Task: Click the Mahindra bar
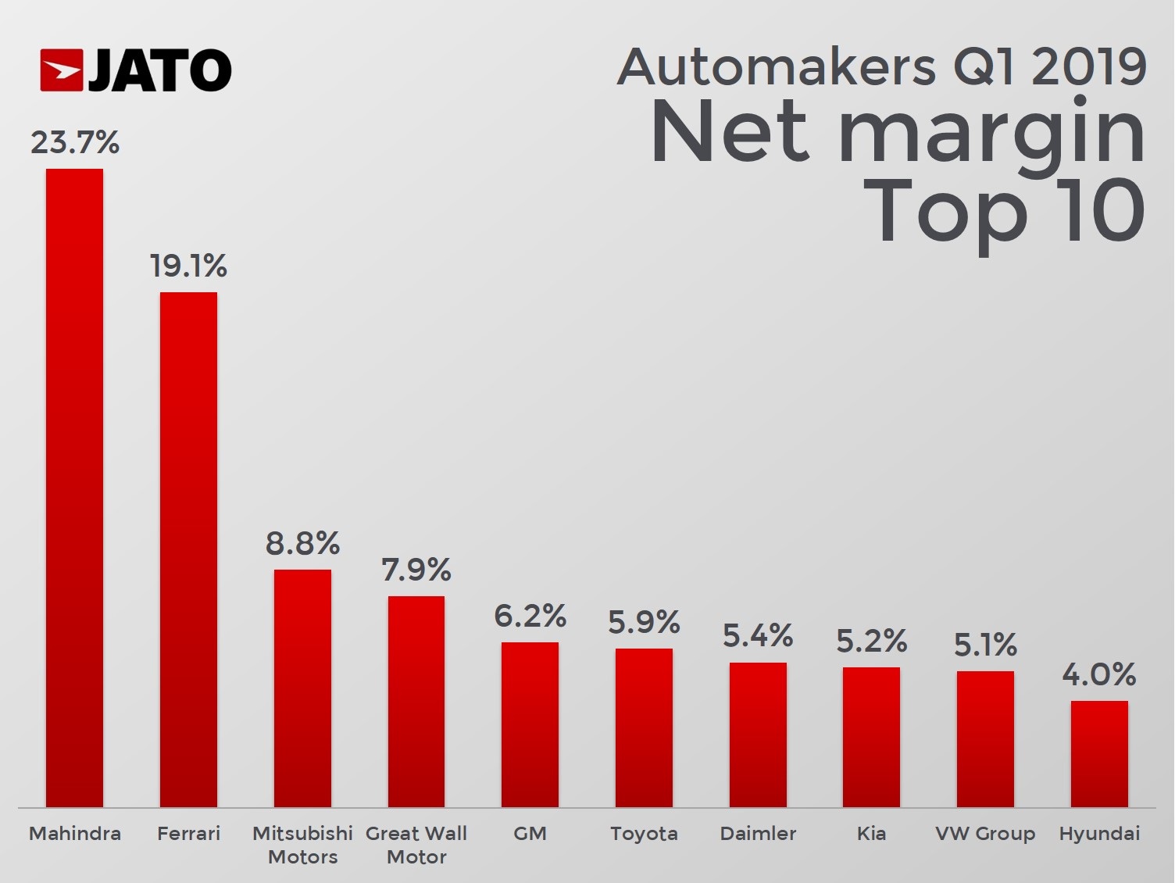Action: coord(74,488)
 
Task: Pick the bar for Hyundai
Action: coord(1099,753)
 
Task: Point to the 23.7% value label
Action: coord(75,143)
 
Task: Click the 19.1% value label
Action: coord(188,266)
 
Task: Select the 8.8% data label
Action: coord(302,543)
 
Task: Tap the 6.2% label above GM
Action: coord(530,617)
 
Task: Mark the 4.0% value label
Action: coord(1098,674)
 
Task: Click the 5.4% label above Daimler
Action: coord(758,636)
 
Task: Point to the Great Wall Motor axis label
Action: coord(416,845)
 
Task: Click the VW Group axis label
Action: coord(985,834)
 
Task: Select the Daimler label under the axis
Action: coord(758,834)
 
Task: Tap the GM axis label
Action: coord(530,834)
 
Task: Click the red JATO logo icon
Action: coord(62,70)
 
